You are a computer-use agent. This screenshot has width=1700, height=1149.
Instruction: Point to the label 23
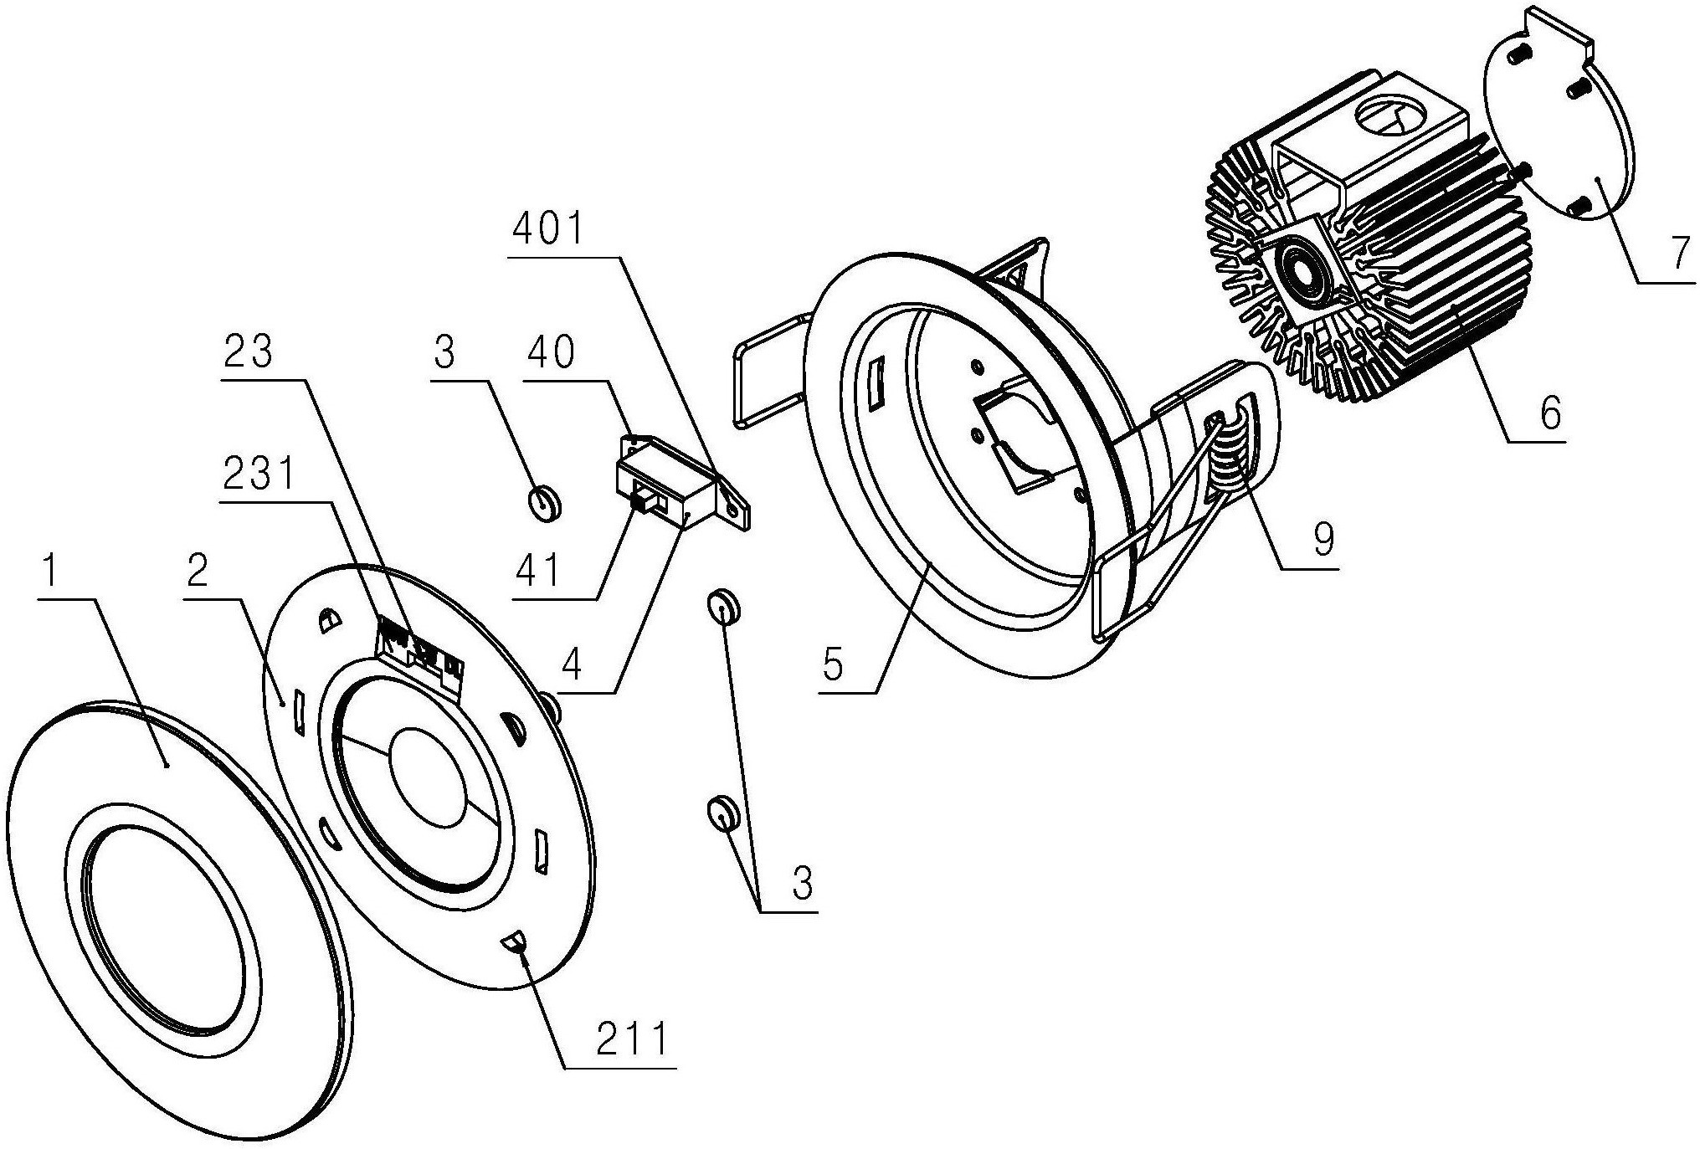[248, 351]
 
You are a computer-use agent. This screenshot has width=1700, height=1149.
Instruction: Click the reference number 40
[551, 352]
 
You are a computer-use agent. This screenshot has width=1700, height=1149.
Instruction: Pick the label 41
[538, 572]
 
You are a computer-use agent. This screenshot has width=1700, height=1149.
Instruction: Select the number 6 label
[1550, 413]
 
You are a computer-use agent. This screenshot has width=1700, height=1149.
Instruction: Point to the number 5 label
[833, 665]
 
